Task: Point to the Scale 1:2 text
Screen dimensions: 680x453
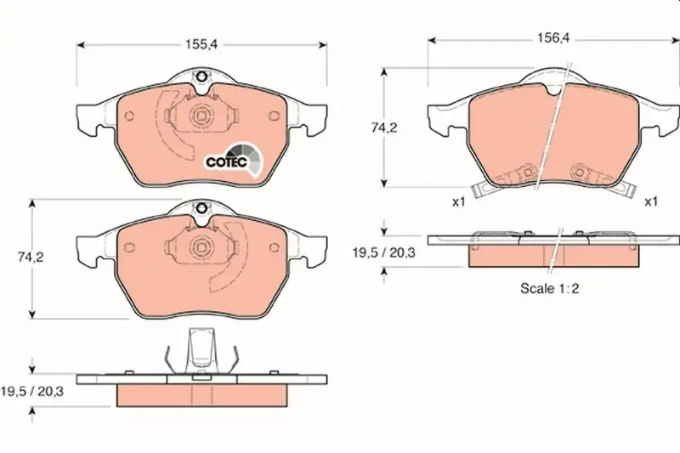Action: coord(549,288)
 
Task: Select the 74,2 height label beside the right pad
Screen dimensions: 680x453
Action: coord(384,127)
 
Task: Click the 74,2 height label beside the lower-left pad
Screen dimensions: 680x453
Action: coord(31,257)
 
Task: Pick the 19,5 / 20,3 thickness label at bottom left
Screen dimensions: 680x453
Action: coord(31,392)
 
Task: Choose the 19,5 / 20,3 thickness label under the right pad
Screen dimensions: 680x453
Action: coord(384,252)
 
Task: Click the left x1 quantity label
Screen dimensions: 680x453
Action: coord(458,201)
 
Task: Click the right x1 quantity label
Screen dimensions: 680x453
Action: coord(651,201)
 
